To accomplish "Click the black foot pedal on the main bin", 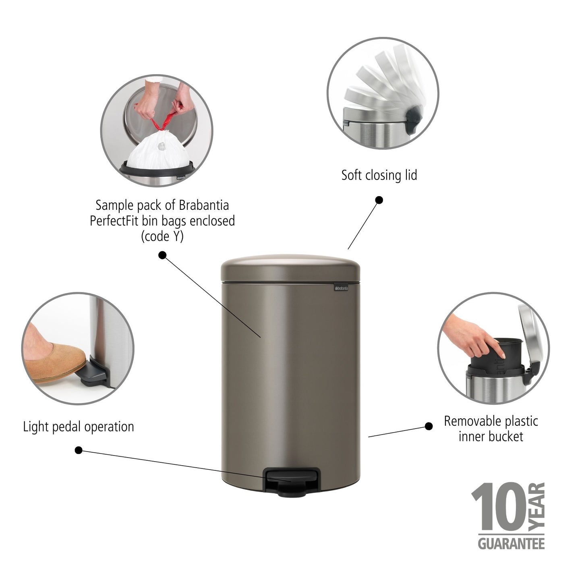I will coord(290,478).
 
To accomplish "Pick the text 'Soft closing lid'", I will coord(379,176).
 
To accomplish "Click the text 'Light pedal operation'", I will coord(79,427).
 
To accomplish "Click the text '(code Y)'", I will coord(162,236).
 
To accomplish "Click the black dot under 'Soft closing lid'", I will coord(379,200).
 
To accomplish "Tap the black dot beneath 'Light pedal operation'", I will coord(79,450).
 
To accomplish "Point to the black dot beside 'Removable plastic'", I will coord(429,426).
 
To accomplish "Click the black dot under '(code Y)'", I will coord(162,255).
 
